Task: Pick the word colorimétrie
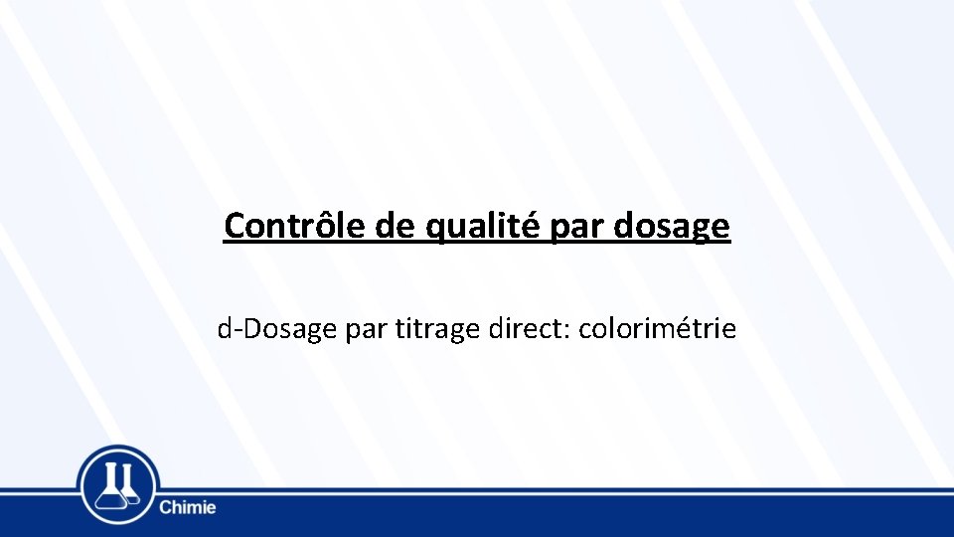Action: tap(657, 327)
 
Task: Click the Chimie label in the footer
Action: tap(187, 508)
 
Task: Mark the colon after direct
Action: tap(566, 329)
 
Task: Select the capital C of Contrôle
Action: tap(235, 226)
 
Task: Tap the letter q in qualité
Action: tap(435, 229)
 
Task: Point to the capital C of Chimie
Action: tap(165, 508)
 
